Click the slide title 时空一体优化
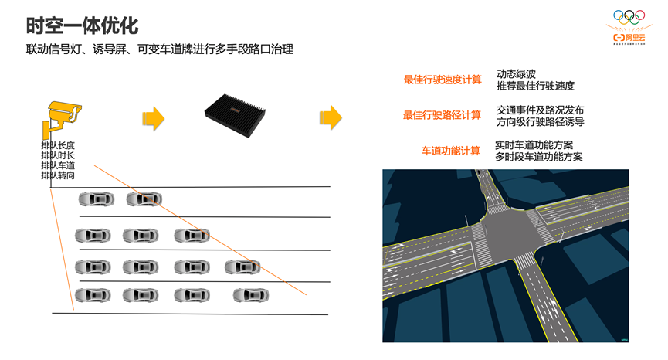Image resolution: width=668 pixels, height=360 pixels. click(x=82, y=25)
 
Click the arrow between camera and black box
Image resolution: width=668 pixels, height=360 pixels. click(x=154, y=118)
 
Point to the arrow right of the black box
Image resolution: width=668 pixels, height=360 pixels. click(x=331, y=117)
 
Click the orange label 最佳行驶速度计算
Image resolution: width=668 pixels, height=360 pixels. click(x=443, y=80)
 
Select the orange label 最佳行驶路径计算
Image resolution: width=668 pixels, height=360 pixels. click(x=442, y=115)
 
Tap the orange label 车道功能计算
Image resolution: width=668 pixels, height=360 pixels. click(x=450, y=151)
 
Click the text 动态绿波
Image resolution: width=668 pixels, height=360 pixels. click(x=516, y=74)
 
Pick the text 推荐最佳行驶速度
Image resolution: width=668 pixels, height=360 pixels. click(x=535, y=86)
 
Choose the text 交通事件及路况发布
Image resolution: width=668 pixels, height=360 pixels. click(x=540, y=110)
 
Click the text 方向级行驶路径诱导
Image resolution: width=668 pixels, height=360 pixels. click(x=540, y=121)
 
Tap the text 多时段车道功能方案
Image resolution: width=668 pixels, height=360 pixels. click(x=539, y=157)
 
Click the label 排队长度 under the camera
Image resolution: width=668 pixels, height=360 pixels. click(x=58, y=145)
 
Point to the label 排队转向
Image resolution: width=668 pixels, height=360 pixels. click(x=58, y=175)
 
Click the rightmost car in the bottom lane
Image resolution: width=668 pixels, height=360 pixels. click(x=251, y=294)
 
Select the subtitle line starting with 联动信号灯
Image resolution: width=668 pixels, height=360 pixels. click(x=159, y=49)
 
